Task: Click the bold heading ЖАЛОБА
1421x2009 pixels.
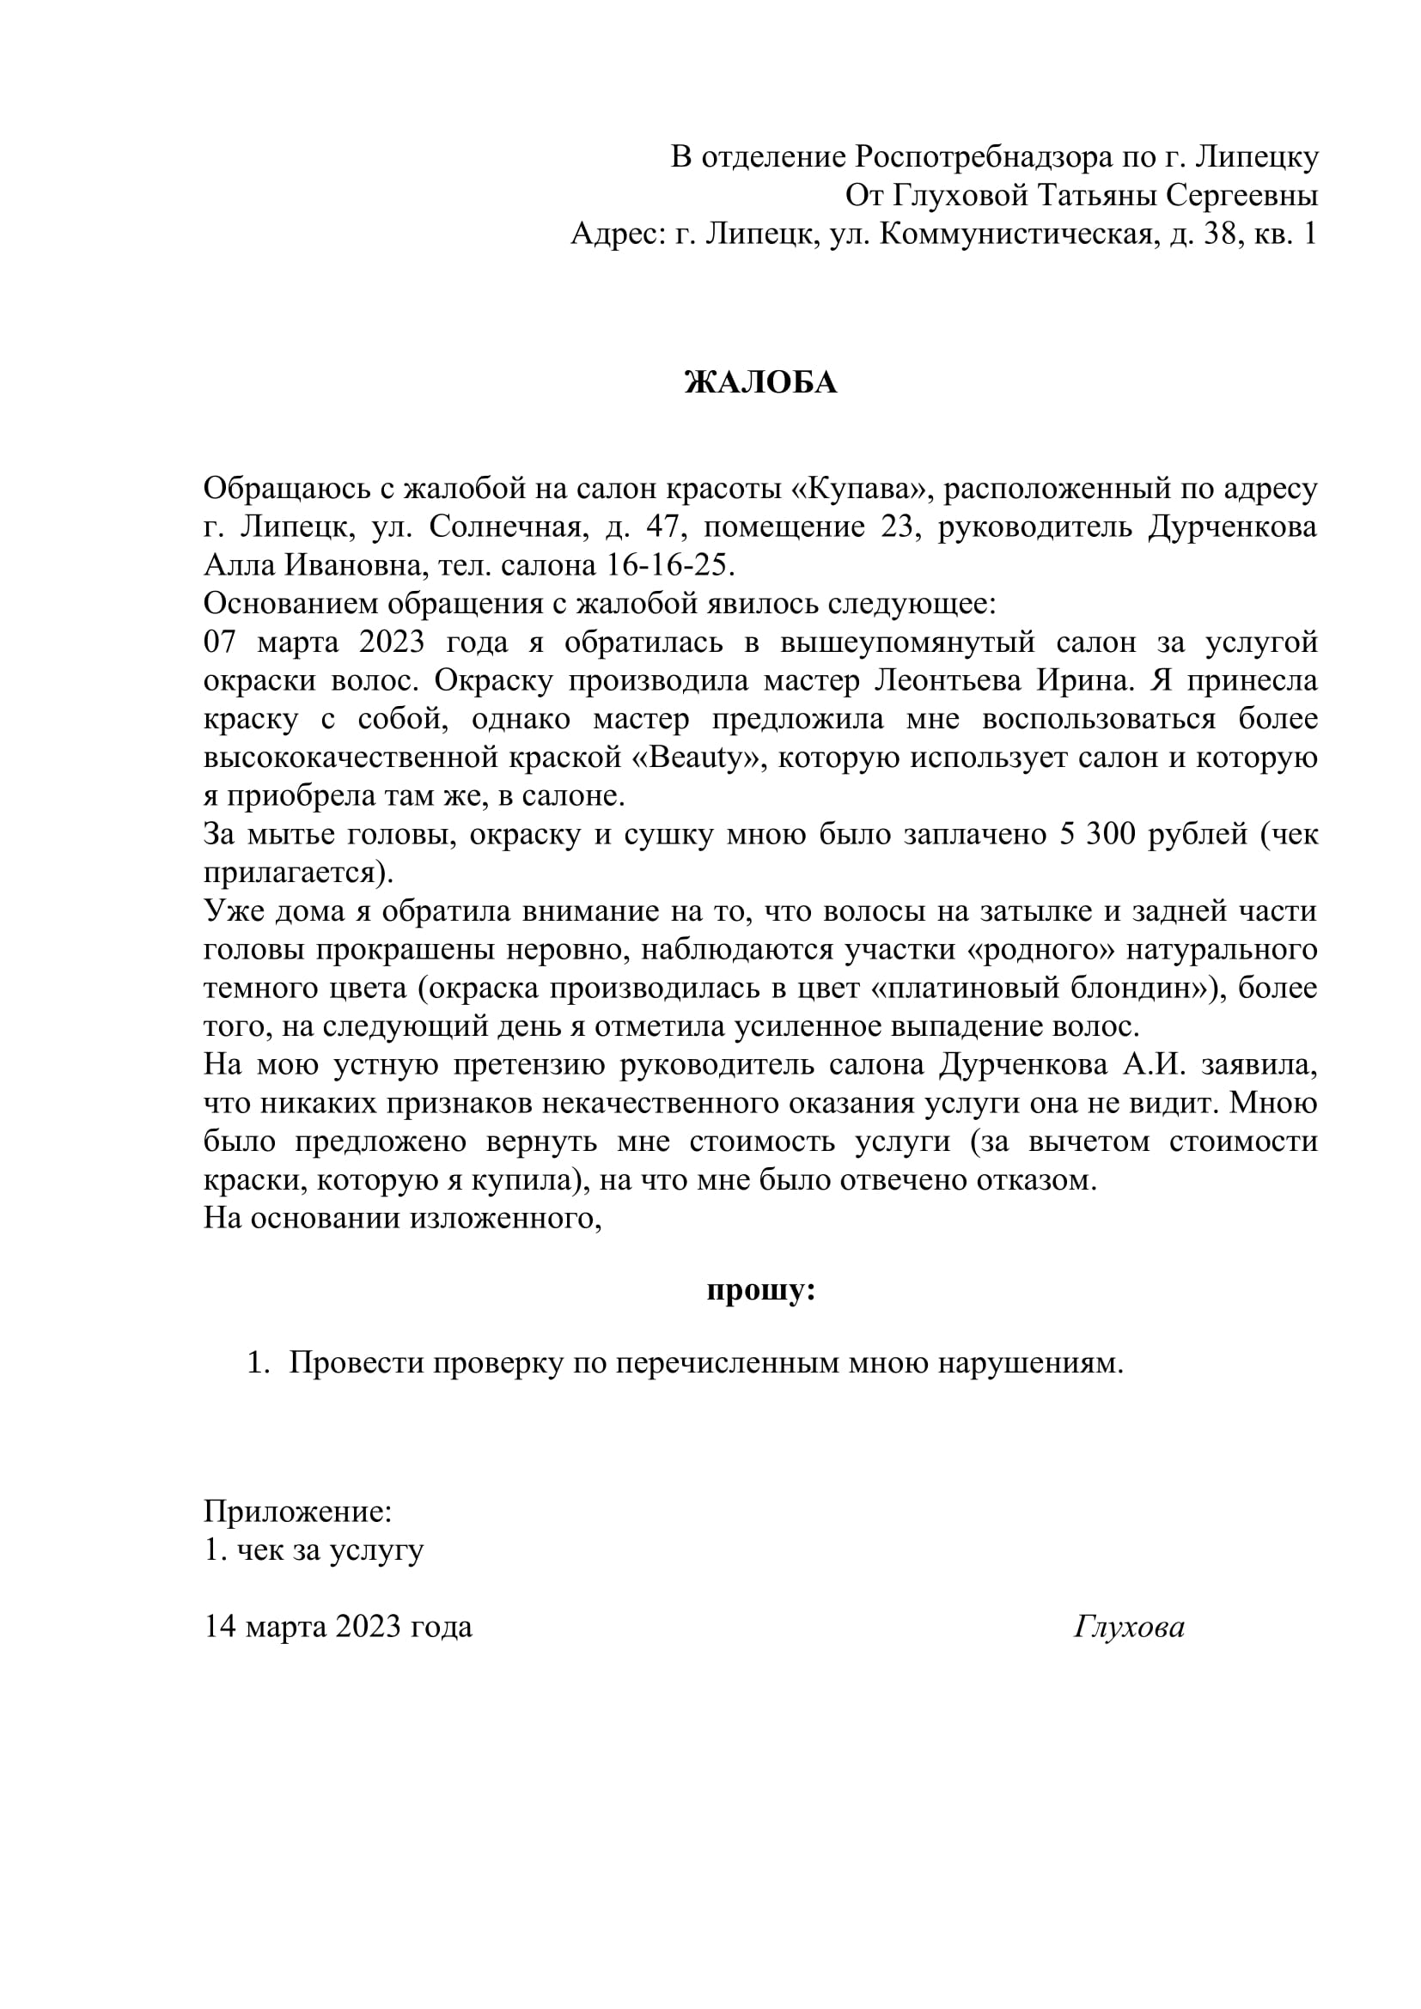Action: point(760,382)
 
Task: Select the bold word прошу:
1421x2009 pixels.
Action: point(760,1291)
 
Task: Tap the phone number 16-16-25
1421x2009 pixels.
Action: point(669,565)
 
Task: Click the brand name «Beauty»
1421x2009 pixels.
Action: point(697,757)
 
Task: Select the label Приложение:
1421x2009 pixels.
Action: point(297,1511)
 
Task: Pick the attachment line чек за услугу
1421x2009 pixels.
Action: point(330,1549)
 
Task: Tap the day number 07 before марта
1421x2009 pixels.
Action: point(221,642)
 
